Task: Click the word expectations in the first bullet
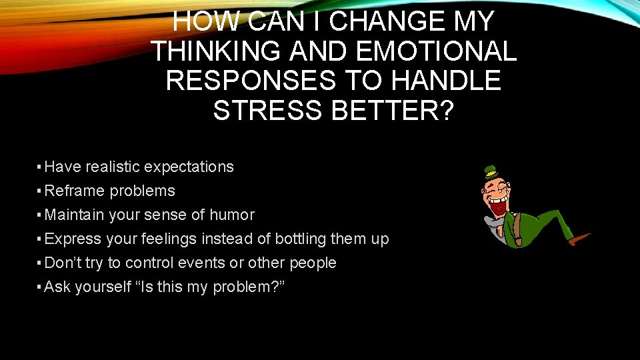pyautogui.click(x=189, y=167)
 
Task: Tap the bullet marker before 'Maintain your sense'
pyautogui.click(x=39, y=215)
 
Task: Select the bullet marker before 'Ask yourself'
pyautogui.click(x=39, y=287)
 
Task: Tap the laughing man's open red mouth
pyautogui.click(x=497, y=207)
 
